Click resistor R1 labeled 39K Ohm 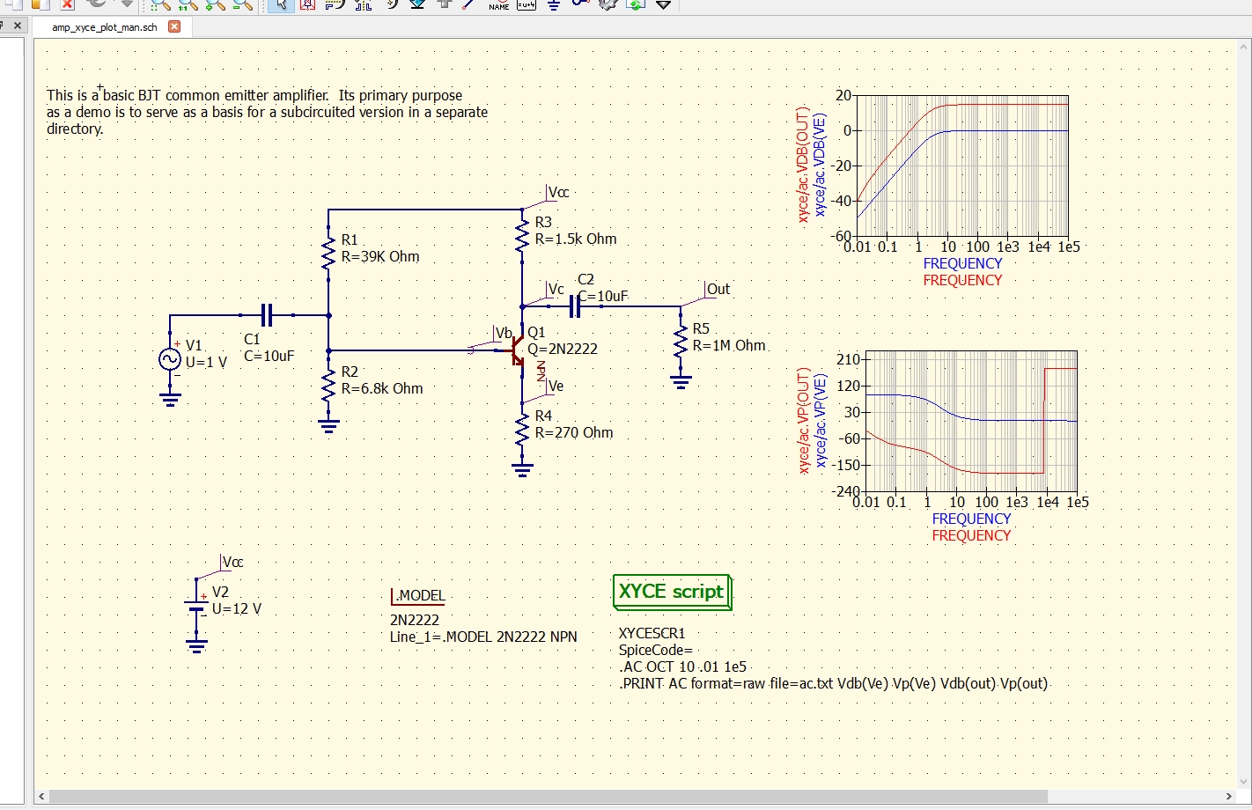[x=328, y=253]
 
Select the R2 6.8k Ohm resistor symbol [x=328, y=385]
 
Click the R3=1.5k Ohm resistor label [x=576, y=239]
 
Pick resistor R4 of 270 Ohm [x=522, y=429]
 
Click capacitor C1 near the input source [x=267, y=314]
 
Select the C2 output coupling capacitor [x=575, y=306]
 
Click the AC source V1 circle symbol [x=170, y=359]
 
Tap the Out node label [x=718, y=289]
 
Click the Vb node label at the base [x=504, y=333]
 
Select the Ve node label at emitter [x=556, y=386]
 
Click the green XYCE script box [x=672, y=592]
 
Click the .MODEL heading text [x=420, y=595]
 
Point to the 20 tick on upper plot [x=843, y=95]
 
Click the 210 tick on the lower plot [x=848, y=359]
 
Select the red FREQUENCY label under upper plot [x=962, y=280]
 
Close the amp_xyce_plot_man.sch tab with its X [x=174, y=26]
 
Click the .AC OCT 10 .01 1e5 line [x=683, y=666]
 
